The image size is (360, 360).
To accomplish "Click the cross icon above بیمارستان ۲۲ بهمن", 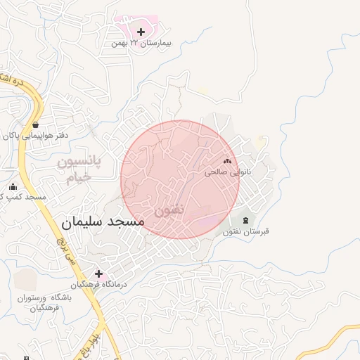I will pos(141,32).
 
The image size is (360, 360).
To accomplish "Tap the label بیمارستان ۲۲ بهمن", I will pos(141,44).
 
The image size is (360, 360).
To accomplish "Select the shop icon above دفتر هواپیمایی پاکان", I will pos(34,124).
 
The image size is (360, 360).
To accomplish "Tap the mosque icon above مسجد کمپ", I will pos(13,187).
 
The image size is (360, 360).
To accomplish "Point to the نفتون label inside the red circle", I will pos(169,210).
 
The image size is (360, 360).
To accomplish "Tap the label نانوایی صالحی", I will pos(222,172).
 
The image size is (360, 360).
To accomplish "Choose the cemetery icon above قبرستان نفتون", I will pos(245,221).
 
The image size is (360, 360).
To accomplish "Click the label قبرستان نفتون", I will pos(246,232).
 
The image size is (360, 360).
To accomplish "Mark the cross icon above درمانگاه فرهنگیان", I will pos(98,274).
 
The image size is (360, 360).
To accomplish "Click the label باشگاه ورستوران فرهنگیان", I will pos(41,303).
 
